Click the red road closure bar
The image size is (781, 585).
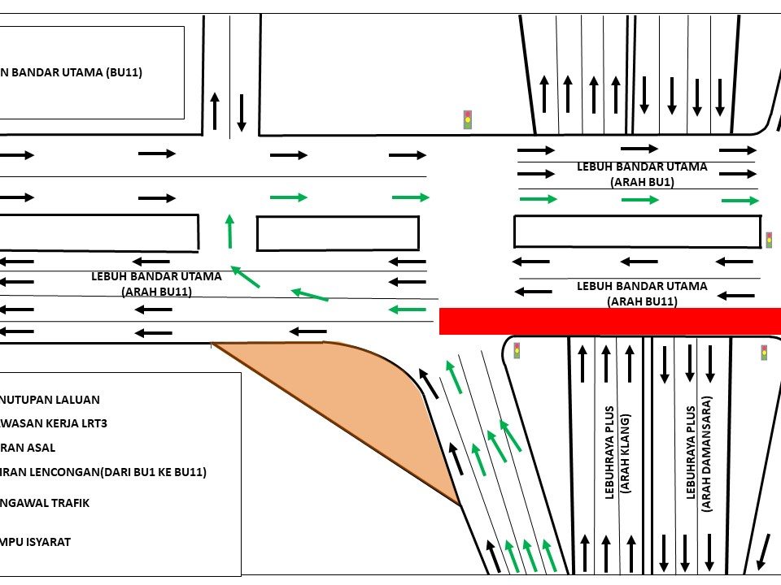609,321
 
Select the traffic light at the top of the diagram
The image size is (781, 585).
468,119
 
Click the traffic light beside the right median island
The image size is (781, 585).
769,240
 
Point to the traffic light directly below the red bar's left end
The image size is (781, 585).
517,350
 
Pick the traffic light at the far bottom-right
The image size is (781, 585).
764,352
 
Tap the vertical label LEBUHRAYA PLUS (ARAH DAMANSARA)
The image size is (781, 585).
699,453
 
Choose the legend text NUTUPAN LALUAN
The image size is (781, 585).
50,400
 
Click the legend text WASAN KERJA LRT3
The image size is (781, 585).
54,423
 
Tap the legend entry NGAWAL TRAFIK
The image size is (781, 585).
45,503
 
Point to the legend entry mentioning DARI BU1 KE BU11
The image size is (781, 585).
103,472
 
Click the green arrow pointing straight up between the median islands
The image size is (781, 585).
229,231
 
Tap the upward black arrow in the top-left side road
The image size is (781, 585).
215,110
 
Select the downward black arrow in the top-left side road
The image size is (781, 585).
242,113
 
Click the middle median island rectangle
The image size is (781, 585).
338,233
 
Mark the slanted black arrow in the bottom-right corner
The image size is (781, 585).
765,552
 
